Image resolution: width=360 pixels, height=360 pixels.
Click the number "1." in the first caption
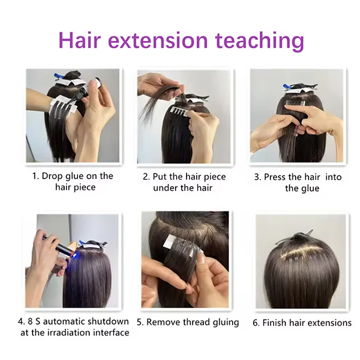tap(36, 176)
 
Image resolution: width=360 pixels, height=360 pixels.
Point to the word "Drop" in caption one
tap(55, 176)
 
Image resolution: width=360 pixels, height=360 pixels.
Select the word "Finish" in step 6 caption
tap(277, 322)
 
